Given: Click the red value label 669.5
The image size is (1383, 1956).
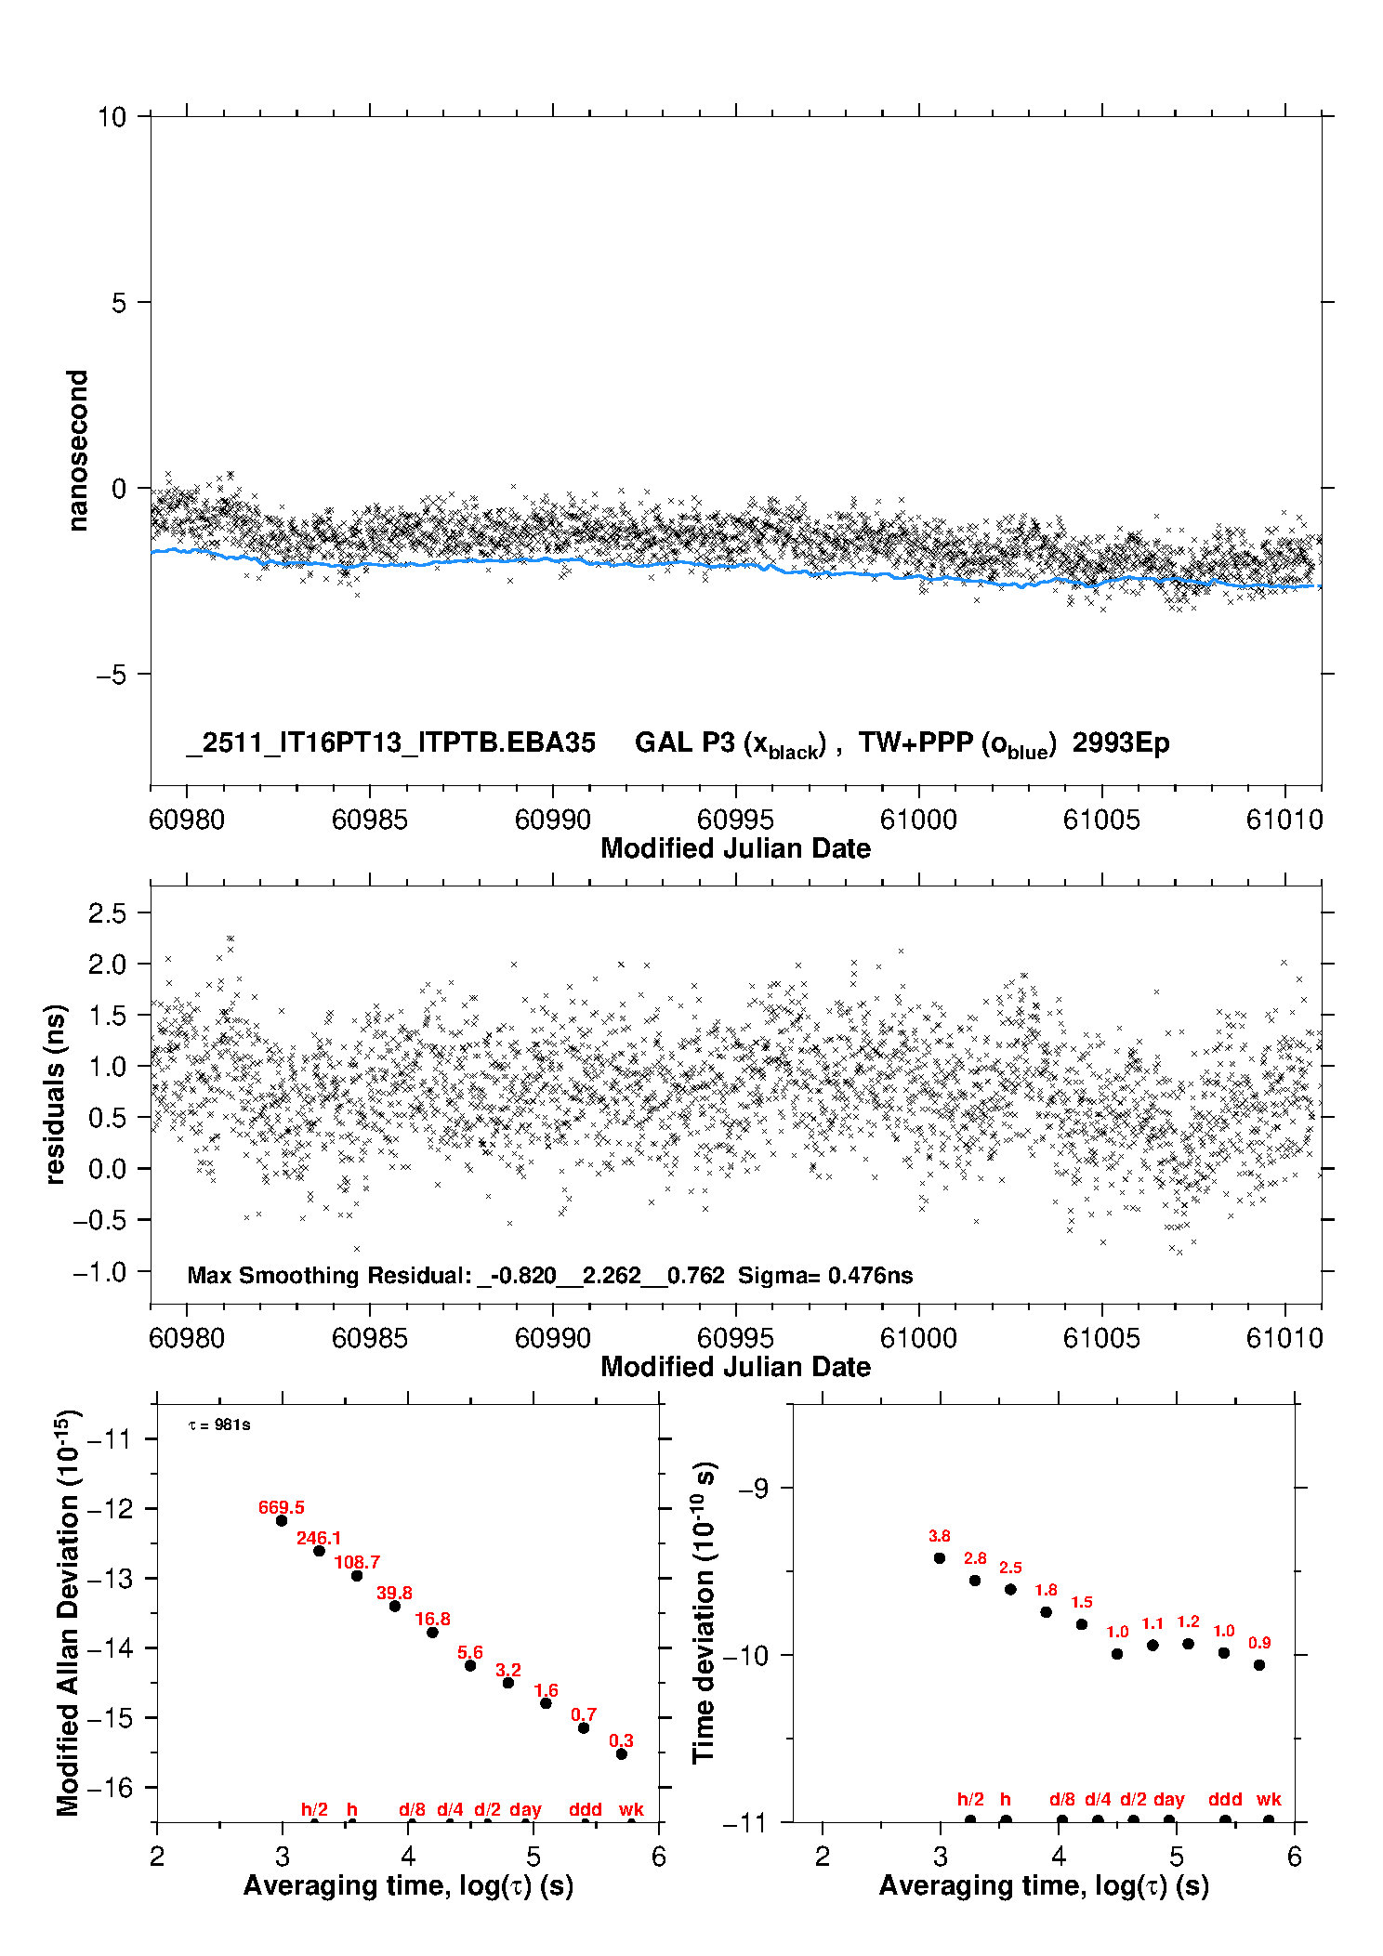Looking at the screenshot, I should pyautogui.click(x=281, y=1507).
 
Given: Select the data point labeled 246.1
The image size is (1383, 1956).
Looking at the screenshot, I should pyautogui.click(x=319, y=1551).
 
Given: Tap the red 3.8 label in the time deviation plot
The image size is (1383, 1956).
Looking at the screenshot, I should pyautogui.click(x=939, y=1536).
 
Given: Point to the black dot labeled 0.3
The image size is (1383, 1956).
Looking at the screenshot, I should pyautogui.click(x=622, y=1754).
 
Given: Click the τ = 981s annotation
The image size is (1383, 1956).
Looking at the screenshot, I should pyautogui.click(x=219, y=1425).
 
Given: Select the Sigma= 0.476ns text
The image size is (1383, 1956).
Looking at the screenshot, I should pyautogui.click(x=825, y=1275).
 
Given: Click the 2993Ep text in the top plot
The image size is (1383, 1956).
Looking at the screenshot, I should pyautogui.click(x=1120, y=743).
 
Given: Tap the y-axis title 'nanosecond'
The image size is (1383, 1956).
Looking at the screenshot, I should pyautogui.click(x=77, y=451).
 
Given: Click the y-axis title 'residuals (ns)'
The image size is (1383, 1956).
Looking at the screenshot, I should pyautogui.click(x=56, y=1094).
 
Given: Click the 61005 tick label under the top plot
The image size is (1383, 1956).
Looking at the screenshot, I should pyautogui.click(x=1101, y=820).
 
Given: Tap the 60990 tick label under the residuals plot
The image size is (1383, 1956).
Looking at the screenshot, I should pyautogui.click(x=552, y=1338).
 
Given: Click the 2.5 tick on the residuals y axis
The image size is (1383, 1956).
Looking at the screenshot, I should pyautogui.click(x=107, y=912).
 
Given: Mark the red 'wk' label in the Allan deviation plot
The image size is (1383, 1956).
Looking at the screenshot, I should pyautogui.click(x=631, y=1809).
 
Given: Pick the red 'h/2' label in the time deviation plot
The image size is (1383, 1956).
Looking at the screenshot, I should pyautogui.click(x=970, y=1800).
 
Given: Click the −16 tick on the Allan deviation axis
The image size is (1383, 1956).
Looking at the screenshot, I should pyautogui.click(x=109, y=1787).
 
